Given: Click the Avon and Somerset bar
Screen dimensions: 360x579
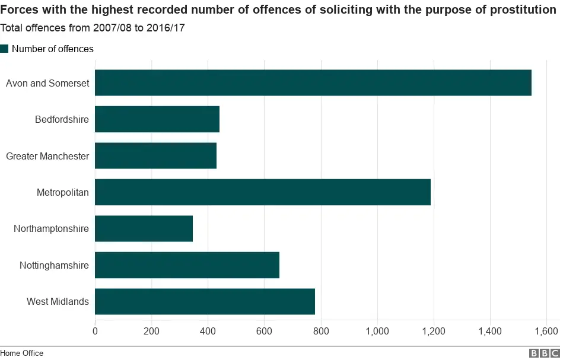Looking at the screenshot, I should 313,83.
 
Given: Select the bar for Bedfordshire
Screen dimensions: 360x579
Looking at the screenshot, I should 157,119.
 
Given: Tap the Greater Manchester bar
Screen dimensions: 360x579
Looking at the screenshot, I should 155,156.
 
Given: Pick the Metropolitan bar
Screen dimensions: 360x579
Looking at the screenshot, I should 262,192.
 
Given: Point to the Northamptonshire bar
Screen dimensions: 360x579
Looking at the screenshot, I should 144,229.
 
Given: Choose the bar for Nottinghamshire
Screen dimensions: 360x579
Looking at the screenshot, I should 187,265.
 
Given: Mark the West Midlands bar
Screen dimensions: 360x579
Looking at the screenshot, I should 205,301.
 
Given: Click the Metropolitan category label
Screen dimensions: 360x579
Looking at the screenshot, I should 62,193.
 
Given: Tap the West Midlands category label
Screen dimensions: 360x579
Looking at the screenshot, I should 58,302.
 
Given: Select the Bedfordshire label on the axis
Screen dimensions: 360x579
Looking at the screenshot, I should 62,120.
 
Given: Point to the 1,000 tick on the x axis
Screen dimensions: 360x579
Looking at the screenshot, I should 377,331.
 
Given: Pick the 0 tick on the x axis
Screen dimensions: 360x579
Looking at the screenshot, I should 95,331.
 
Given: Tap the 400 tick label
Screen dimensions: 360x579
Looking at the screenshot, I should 208,331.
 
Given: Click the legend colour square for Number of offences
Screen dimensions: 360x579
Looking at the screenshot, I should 5,49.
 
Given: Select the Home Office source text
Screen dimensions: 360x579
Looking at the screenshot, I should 22,353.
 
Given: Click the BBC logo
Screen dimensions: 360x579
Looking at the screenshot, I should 544,353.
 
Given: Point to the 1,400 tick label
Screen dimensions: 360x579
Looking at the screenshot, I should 490,331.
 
